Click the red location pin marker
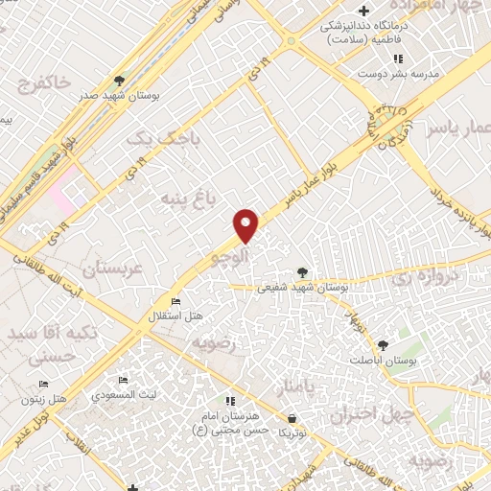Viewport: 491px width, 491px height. [x=246, y=225]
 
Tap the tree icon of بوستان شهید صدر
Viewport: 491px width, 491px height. [x=119, y=81]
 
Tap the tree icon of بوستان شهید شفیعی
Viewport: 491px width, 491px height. [x=303, y=272]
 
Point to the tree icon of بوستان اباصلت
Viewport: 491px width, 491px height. [x=383, y=344]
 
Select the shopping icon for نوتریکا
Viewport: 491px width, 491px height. [x=292, y=418]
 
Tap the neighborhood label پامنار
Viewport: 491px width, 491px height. [x=295, y=387]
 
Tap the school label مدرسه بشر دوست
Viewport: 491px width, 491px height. [x=384, y=72]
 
